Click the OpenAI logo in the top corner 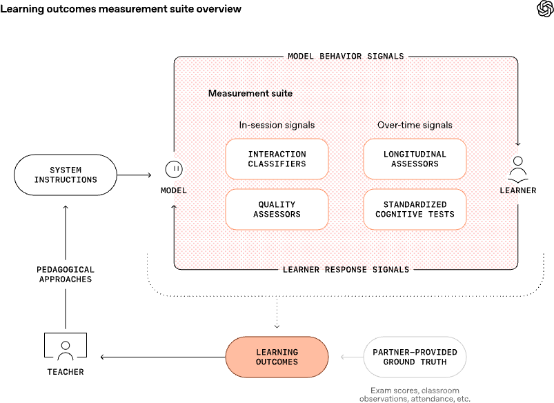click(x=544, y=9)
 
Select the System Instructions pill click(x=66, y=175)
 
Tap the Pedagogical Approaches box click(x=66, y=275)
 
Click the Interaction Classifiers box click(x=277, y=159)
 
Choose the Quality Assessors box click(x=277, y=210)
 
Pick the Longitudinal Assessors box click(x=415, y=159)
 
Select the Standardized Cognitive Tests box click(x=415, y=210)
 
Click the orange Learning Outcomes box click(x=277, y=357)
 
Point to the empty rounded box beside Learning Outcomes click(x=415, y=357)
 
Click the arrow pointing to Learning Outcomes click(x=352, y=357)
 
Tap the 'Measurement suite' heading click(x=250, y=93)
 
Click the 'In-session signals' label click(x=277, y=125)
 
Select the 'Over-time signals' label click(x=415, y=125)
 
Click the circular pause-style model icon click(x=173, y=168)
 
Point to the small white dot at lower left click(x=66, y=345)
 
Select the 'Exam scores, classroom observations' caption click(x=415, y=395)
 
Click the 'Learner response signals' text click(x=346, y=268)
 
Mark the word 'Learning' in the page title click(x=20, y=9)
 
